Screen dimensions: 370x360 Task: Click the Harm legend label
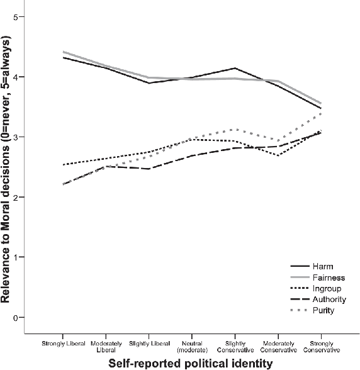[317, 267]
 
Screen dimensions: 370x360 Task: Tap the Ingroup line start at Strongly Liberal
[63, 165]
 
